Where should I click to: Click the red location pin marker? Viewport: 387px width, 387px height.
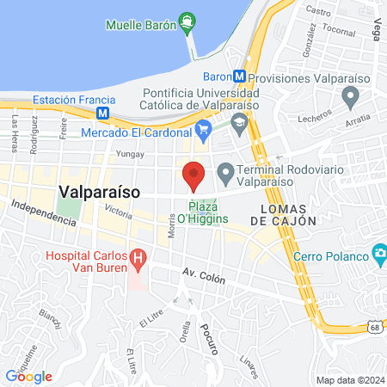(x=193, y=175)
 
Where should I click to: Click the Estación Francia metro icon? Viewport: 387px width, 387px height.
(x=103, y=112)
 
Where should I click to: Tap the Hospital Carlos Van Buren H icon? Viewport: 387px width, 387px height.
(x=136, y=258)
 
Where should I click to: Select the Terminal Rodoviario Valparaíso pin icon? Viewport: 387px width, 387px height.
(x=225, y=175)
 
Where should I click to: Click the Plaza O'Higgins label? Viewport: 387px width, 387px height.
(x=204, y=213)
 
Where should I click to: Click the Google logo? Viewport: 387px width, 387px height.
(x=28, y=376)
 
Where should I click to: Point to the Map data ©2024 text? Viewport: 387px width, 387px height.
(x=349, y=380)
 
